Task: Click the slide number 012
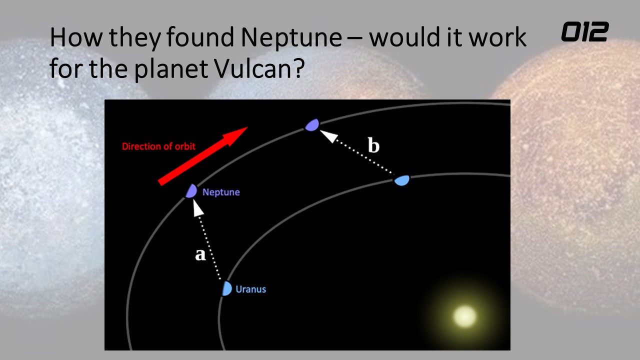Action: (585, 31)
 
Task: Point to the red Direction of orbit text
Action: (158, 146)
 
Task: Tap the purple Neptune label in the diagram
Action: (221, 192)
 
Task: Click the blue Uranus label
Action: (251, 289)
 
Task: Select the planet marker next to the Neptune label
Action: (191, 191)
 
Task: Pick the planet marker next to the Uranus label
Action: (226, 288)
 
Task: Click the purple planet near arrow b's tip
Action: (312, 125)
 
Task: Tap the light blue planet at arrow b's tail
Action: (401, 180)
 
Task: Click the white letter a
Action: (200, 254)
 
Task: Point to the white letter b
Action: (373, 145)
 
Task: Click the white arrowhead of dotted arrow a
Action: (197, 208)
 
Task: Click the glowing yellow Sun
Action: (465, 316)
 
